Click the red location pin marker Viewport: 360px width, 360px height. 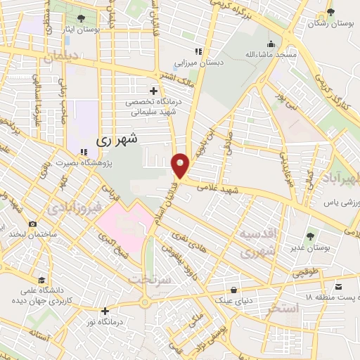tap(181, 165)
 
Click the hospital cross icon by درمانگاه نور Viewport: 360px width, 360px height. tap(105, 311)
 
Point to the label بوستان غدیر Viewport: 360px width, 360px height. tap(310, 247)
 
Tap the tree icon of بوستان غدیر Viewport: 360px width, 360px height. tap(311, 236)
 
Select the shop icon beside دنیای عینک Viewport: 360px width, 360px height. tap(234, 288)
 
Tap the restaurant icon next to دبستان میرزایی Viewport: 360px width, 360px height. tap(199, 51)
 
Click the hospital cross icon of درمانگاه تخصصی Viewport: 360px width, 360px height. tap(153, 90)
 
